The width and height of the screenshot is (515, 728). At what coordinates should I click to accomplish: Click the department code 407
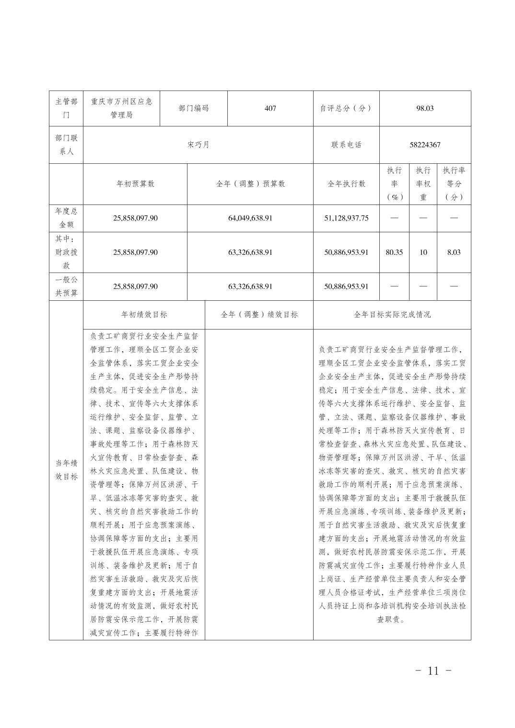click(x=270, y=108)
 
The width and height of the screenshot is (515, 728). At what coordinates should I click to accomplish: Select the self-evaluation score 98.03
click(x=425, y=108)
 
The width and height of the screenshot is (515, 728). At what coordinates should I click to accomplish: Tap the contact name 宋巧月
click(x=198, y=145)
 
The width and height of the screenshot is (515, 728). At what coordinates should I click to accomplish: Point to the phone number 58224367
click(x=425, y=145)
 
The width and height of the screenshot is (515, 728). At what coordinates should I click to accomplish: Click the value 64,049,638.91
click(x=250, y=218)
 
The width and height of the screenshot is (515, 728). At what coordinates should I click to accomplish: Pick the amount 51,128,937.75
click(x=346, y=218)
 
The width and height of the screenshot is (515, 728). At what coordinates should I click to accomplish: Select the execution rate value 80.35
click(x=394, y=252)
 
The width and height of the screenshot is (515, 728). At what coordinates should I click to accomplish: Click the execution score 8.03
click(x=454, y=252)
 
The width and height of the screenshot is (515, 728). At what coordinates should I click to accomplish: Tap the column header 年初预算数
click(x=135, y=184)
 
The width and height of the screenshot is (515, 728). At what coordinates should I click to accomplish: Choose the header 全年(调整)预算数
click(x=250, y=184)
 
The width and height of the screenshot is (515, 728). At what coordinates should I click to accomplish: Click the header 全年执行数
click(x=346, y=184)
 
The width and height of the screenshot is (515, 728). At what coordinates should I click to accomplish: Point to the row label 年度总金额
click(x=66, y=218)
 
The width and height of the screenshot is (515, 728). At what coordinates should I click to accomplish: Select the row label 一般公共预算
click(x=66, y=286)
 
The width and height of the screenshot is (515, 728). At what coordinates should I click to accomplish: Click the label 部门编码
click(x=194, y=108)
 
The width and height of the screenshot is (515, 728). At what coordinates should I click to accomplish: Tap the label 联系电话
click(x=346, y=145)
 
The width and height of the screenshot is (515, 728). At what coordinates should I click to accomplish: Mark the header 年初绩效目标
click(x=144, y=315)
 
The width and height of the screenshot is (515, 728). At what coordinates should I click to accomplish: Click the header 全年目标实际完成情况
click(x=392, y=315)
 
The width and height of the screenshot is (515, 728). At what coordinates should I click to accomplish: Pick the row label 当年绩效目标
click(x=66, y=470)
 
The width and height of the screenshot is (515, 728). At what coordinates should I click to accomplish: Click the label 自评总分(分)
click(x=346, y=108)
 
